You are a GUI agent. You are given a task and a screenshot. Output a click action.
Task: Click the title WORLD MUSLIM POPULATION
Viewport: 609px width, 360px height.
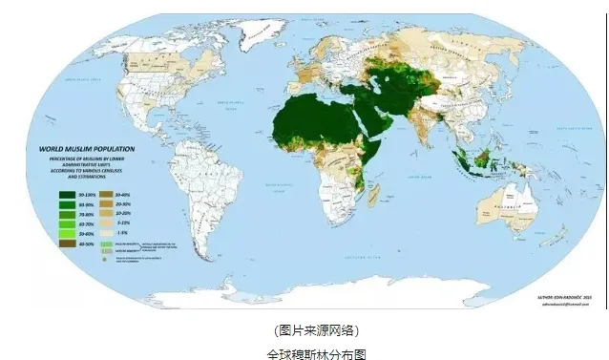(87, 150)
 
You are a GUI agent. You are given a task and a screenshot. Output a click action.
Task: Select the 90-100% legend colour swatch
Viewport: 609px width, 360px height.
(66, 193)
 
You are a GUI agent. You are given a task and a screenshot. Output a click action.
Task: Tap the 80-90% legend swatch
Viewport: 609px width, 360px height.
(66, 205)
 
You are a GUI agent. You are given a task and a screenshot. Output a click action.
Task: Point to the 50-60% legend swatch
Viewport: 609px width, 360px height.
(66, 233)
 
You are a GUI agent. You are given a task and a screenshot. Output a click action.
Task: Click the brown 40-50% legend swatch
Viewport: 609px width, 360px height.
(66, 245)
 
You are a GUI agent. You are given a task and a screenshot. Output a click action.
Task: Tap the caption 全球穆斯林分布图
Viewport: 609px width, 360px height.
(304, 351)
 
